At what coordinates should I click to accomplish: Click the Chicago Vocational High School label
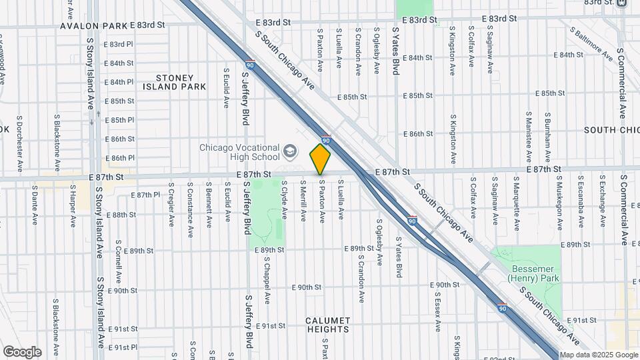tap(239, 152)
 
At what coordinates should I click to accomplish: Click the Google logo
tap(22, 351)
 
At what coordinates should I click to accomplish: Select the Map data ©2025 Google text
tap(598, 355)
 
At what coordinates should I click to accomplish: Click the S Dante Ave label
tap(35, 204)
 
